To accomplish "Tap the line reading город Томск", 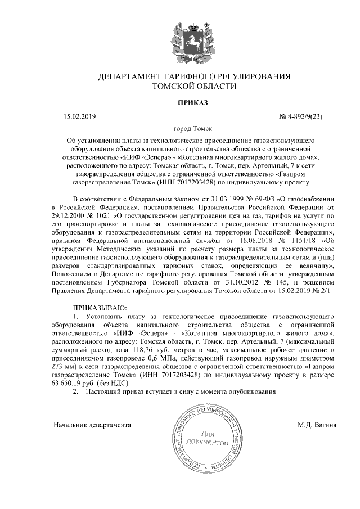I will point(194,129).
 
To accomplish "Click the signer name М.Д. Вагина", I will point(317,425).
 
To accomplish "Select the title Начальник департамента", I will point(92,425).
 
